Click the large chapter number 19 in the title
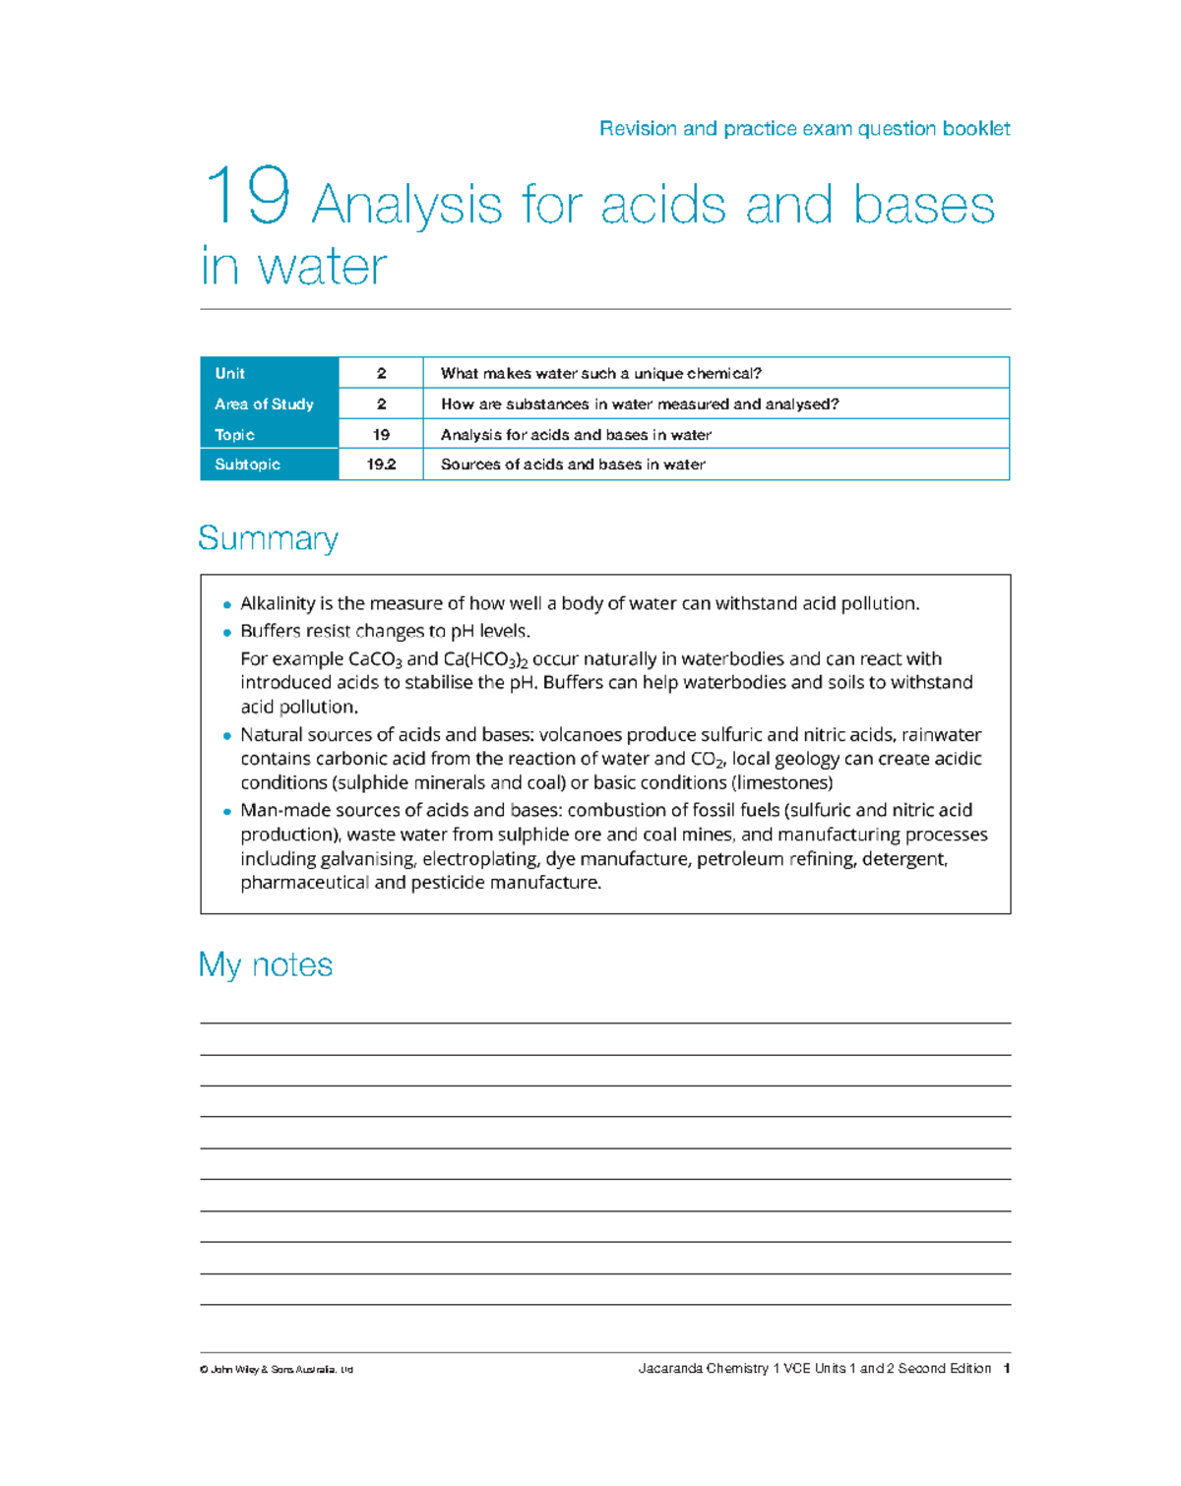click(x=247, y=197)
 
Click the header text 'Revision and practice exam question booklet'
click(x=804, y=129)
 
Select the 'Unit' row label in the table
click(x=230, y=373)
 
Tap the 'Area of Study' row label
click(x=264, y=403)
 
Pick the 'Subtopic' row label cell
click(x=247, y=464)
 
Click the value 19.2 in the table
click(x=381, y=464)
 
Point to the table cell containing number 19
click(x=381, y=434)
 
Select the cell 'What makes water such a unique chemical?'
click(x=600, y=373)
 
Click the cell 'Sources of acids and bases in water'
click(x=573, y=464)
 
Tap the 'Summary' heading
click(x=268, y=538)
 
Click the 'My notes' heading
click(x=266, y=964)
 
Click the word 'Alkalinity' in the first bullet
click(x=278, y=603)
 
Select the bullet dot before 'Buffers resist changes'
click(x=227, y=633)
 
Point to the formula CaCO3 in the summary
click(x=375, y=659)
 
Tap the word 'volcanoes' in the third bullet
click(x=580, y=735)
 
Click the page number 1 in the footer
click(x=1006, y=1369)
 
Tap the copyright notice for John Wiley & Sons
click(x=277, y=1370)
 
